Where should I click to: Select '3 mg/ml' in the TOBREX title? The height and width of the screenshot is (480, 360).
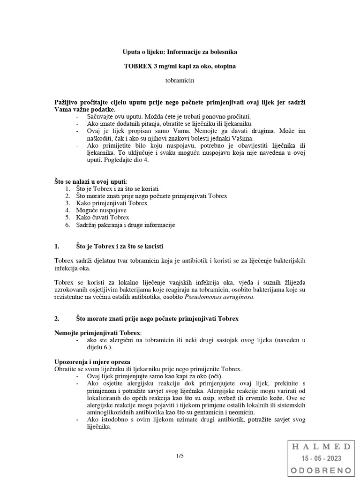159,66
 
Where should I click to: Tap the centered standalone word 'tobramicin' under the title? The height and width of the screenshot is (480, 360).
180,81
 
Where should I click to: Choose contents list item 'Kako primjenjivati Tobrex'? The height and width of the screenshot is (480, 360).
112,203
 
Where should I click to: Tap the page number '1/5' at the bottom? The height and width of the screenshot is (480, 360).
180,455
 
